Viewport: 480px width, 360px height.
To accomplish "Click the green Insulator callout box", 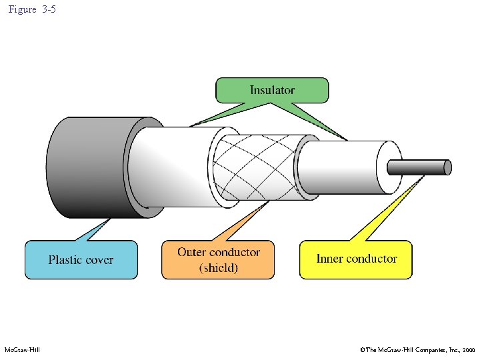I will click(272, 90).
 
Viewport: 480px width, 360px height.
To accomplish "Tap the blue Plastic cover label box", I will click(81, 259).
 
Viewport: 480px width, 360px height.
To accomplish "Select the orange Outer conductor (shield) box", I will click(218, 259).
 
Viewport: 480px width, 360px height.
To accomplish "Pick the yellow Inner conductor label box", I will click(356, 259).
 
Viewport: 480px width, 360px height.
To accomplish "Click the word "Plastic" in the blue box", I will click(66, 259).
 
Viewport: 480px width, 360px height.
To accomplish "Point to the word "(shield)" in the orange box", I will click(219, 268).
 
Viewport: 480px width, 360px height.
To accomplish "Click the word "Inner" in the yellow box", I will click(331, 259).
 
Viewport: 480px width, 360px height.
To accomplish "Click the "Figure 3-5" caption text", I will click(32, 11).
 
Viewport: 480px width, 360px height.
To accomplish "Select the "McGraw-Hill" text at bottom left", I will click(22, 350).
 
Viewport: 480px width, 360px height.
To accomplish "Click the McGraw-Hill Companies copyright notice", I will click(417, 350).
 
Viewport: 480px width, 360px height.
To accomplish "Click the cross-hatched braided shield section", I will click(257, 167).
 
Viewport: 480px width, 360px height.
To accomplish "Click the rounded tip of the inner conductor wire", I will click(448, 167).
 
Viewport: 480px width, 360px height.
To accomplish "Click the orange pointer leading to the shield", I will click(233, 223).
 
